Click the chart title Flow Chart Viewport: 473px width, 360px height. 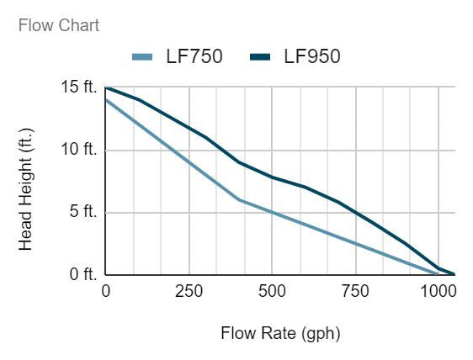click(x=58, y=25)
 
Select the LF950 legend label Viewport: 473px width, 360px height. click(x=311, y=57)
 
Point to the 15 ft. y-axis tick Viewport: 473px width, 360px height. click(x=79, y=87)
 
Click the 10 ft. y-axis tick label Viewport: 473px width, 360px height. click(x=79, y=150)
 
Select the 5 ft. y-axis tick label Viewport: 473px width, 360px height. click(x=82, y=212)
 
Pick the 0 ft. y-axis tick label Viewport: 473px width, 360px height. click(x=82, y=274)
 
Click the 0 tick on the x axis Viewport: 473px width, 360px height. click(x=106, y=291)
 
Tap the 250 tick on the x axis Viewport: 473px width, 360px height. click(x=189, y=291)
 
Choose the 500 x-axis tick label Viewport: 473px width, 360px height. click(x=272, y=291)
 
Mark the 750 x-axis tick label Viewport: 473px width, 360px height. click(x=355, y=291)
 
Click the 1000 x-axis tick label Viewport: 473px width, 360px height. click(x=438, y=291)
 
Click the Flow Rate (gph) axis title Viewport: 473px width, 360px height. click(x=280, y=333)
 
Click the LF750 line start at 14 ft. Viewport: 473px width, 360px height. click(x=106, y=100)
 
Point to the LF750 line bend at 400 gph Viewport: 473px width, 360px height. click(x=239, y=199)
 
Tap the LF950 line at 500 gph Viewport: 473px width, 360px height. click(x=272, y=177)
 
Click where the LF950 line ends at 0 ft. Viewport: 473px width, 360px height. click(x=454, y=274)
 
